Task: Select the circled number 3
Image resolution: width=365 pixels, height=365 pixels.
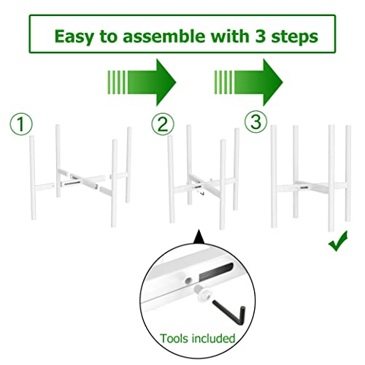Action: (254, 122)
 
